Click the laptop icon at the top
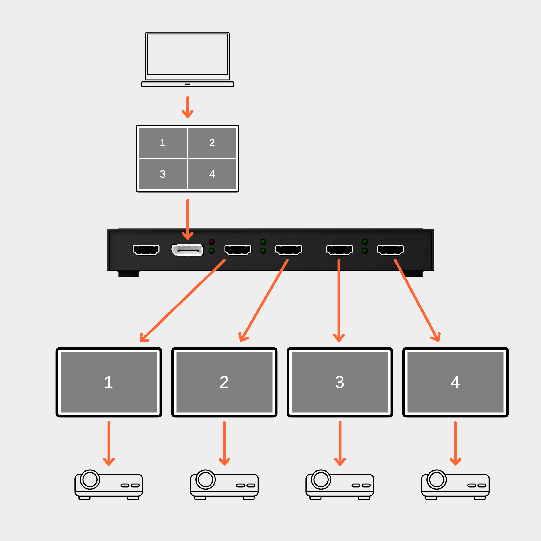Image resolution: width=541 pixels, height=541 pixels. pyautogui.click(x=187, y=59)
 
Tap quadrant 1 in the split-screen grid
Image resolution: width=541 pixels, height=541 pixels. pyautogui.click(x=163, y=143)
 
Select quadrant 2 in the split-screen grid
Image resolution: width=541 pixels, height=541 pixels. pyautogui.click(x=212, y=143)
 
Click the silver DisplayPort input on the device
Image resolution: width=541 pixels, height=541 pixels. pyautogui.click(x=187, y=250)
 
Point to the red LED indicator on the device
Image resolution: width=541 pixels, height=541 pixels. pyautogui.click(x=212, y=242)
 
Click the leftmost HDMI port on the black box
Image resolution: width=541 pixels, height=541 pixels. pyautogui.click(x=146, y=250)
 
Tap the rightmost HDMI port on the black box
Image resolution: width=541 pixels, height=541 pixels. pyautogui.click(x=390, y=250)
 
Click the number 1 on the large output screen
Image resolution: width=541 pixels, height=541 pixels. pyautogui.click(x=109, y=382)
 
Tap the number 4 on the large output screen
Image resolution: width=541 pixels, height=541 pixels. pyautogui.click(x=455, y=382)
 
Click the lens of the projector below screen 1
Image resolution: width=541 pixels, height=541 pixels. pyautogui.click(x=90, y=479)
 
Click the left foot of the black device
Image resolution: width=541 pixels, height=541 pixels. pyautogui.click(x=128, y=274)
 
